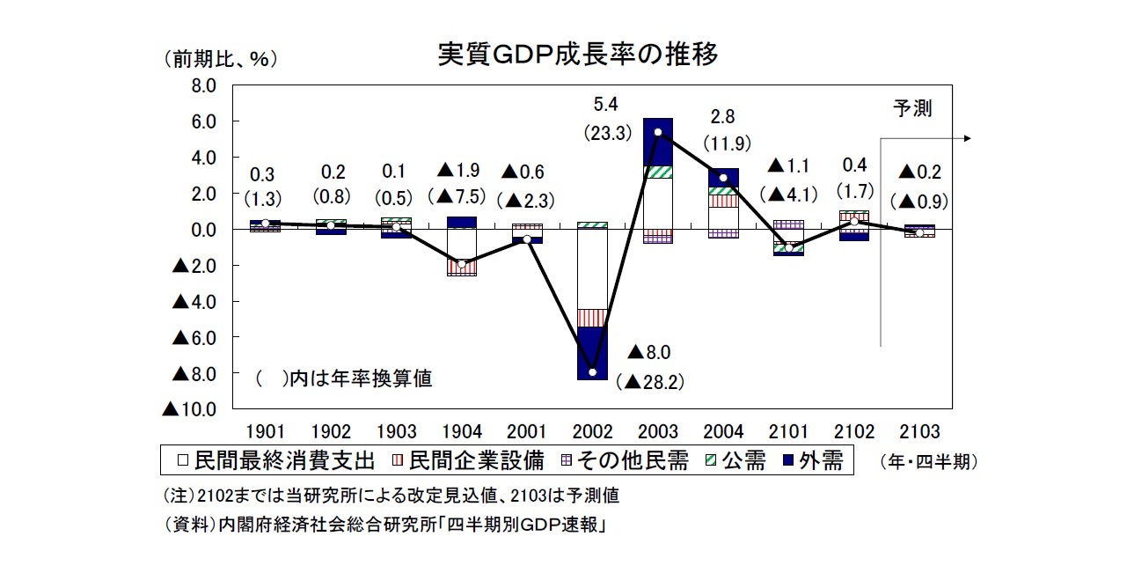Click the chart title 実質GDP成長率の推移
point(578,55)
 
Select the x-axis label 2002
point(592,431)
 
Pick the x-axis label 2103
point(919,431)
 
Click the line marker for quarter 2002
point(593,372)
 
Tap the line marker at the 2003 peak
point(658,132)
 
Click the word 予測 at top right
point(911,108)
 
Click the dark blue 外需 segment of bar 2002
point(593,352)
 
